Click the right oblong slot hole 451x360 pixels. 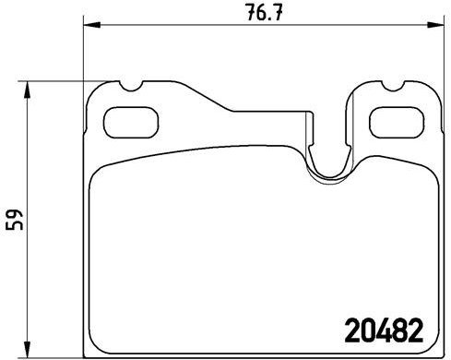pos(394,121)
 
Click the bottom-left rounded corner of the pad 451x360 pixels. pos(96,348)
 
